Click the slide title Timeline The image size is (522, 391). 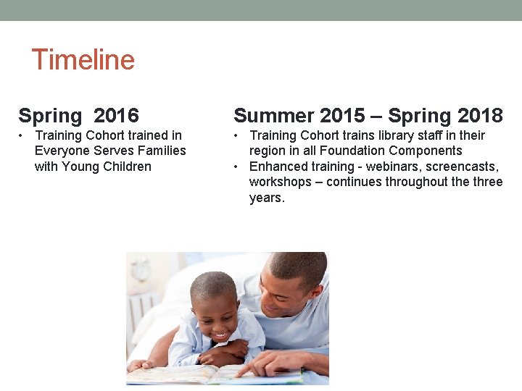(x=83, y=59)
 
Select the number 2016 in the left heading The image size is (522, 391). (x=116, y=115)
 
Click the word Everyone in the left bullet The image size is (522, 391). (x=63, y=151)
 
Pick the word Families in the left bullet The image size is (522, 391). (x=159, y=151)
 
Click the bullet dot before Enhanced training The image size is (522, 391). (x=238, y=167)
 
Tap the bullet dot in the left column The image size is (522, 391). (x=23, y=135)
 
